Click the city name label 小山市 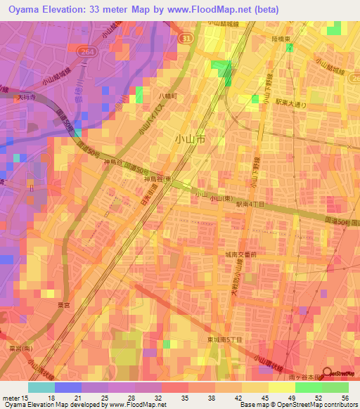[190, 140]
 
